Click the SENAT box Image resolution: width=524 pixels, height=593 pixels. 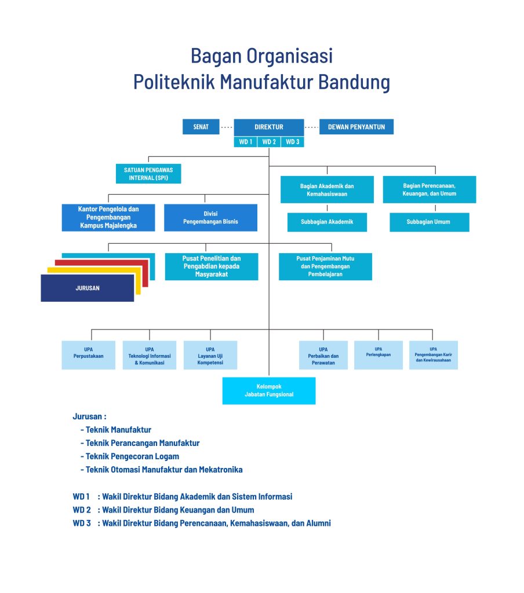tap(201, 127)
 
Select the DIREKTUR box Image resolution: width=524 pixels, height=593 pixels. tap(269, 127)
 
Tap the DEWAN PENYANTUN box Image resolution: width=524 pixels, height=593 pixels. tap(356, 127)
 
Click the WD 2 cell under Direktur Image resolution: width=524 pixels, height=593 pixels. tap(269, 142)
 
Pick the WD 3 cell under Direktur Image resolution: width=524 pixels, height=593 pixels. tap(292, 142)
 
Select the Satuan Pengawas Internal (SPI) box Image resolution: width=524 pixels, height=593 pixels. tap(148, 174)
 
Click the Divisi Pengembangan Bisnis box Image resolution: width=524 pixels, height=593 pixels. tap(210, 218)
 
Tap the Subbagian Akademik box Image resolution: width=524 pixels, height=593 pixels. tap(327, 222)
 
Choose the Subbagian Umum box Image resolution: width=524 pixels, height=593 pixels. tap(430, 222)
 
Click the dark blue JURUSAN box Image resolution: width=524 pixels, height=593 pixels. tap(88, 288)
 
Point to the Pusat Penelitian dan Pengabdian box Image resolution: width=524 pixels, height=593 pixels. tap(212, 266)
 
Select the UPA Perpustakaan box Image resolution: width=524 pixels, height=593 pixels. tap(89, 355)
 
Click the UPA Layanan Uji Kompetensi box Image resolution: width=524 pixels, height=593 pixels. tap(210, 355)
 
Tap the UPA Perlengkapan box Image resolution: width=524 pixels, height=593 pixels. tap(379, 355)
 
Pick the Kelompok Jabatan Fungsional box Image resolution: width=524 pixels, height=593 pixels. tap(269, 391)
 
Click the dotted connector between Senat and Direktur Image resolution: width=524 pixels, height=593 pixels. tap(227, 127)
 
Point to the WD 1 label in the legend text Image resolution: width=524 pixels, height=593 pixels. tap(81, 496)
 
